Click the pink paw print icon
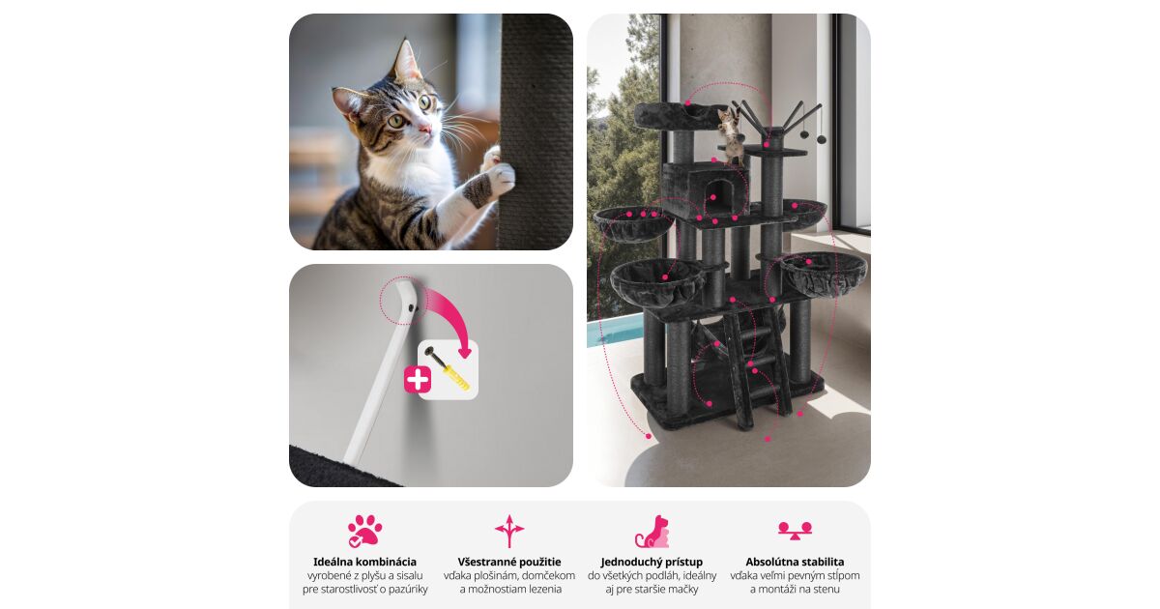[365, 531]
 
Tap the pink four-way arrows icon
[509, 531]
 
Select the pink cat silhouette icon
[652, 532]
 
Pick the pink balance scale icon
[795, 531]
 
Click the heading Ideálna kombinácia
[364, 562]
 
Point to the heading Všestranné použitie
[509, 562]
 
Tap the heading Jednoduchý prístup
[652, 562]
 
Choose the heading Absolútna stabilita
[795, 562]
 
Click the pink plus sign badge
[418, 380]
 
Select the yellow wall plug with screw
[447, 368]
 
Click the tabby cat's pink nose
[424, 129]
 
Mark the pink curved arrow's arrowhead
[465, 352]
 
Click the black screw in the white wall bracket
[412, 308]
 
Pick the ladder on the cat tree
[757, 367]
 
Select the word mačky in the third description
[684, 589]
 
